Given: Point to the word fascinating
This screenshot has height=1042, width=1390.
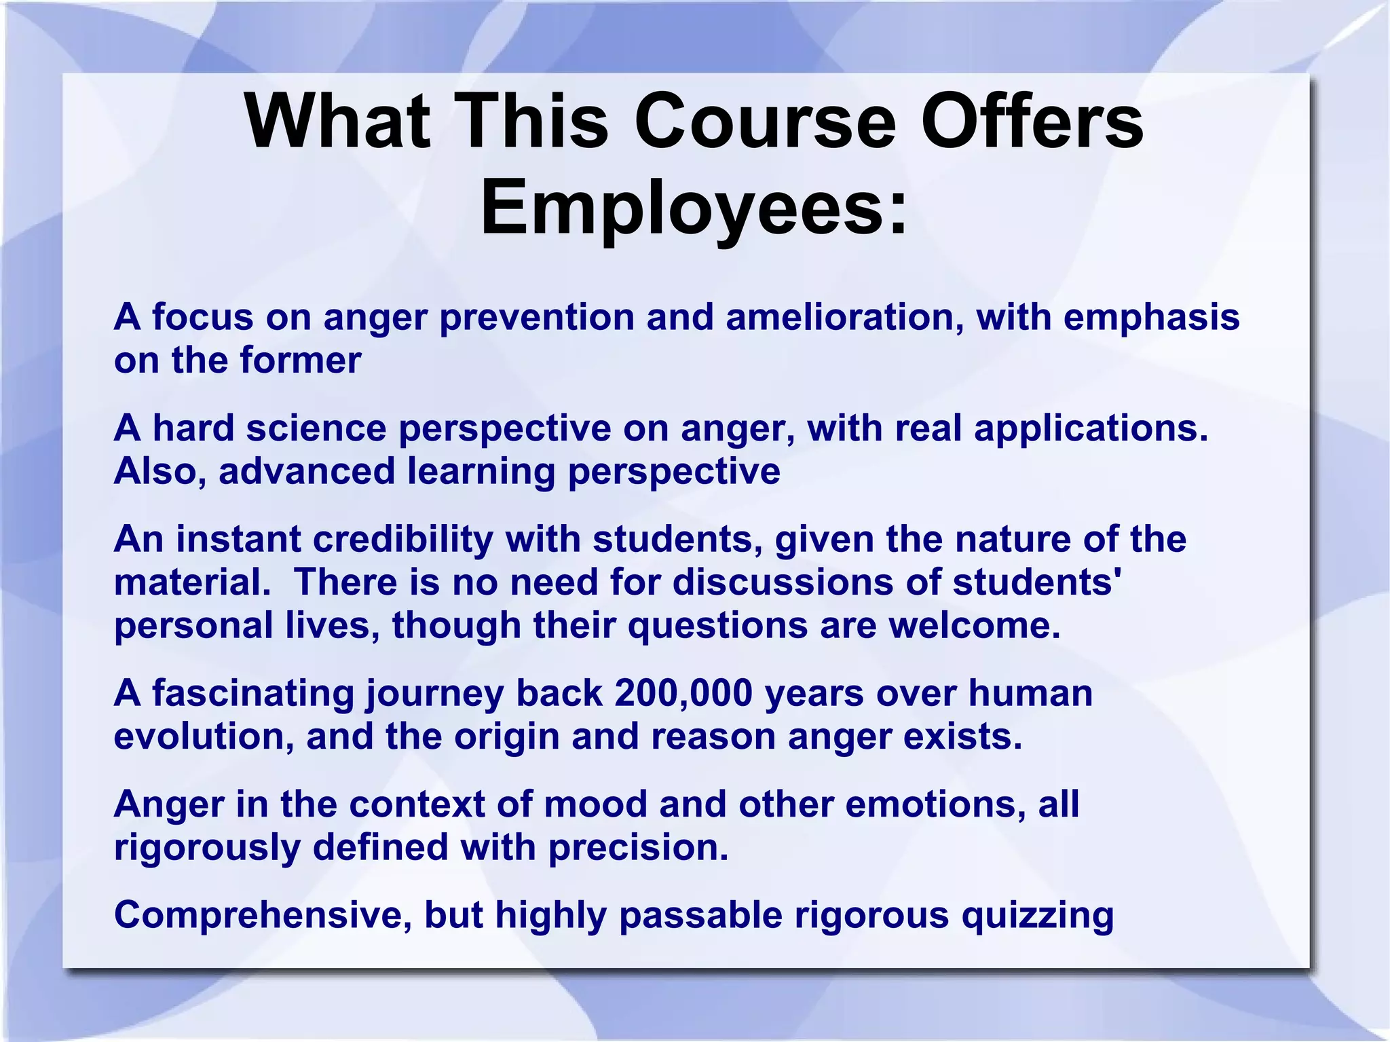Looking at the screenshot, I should point(252,694).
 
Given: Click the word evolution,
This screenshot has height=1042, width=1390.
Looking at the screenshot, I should point(204,737).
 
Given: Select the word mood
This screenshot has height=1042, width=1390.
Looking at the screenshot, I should point(595,804).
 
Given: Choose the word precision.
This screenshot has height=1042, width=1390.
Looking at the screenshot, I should point(638,848).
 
